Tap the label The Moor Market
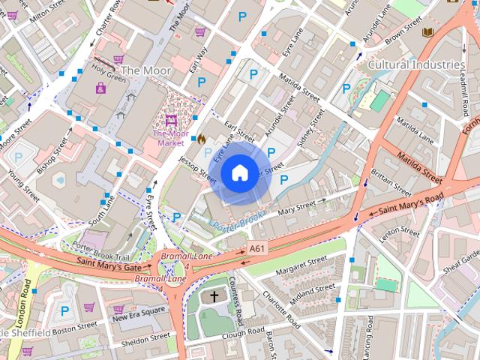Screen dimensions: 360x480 (170, 138)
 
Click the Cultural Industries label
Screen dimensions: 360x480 (416, 65)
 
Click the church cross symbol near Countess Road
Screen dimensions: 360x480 (214, 297)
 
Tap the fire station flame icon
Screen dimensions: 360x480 (201, 139)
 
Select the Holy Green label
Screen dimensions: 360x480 (108, 75)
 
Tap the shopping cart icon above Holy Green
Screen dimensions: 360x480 (118, 58)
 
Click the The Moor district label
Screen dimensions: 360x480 (145, 70)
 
